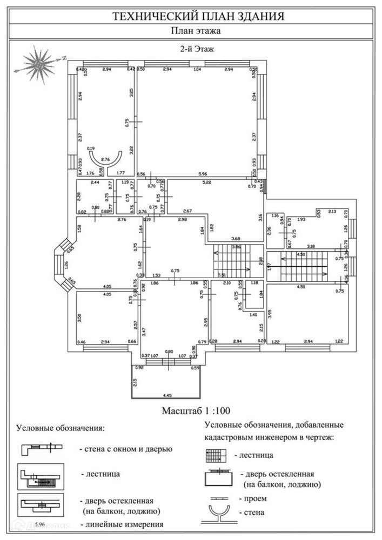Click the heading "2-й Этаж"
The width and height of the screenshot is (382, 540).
point(198,49)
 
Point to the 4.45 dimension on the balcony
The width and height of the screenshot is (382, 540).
point(166,395)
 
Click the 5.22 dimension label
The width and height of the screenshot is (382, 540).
point(207,184)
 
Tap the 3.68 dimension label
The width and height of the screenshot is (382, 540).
point(235,238)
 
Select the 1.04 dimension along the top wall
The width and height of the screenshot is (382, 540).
point(197,70)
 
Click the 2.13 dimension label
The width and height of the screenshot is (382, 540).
point(332,211)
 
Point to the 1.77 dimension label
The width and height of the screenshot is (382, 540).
point(121,173)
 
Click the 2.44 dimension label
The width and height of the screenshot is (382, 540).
point(95,184)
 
